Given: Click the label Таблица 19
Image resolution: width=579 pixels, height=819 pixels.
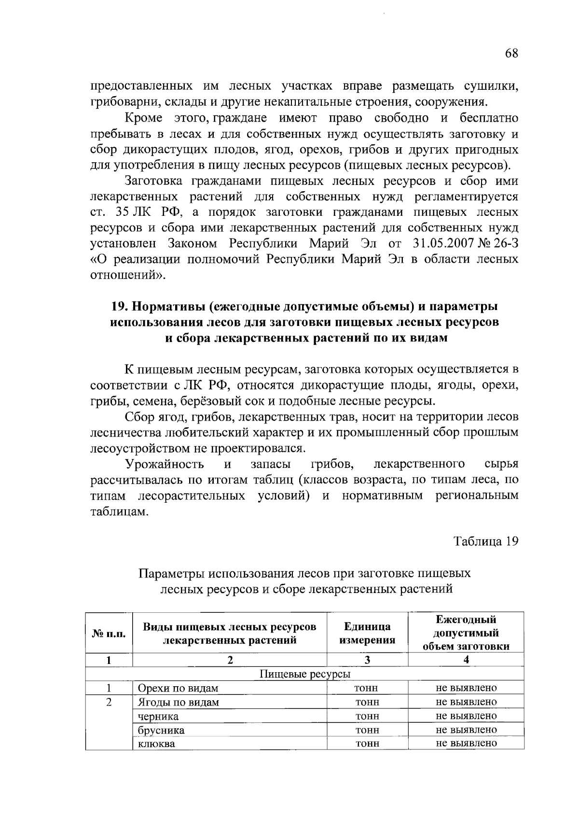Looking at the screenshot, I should pyautogui.click(x=486, y=541).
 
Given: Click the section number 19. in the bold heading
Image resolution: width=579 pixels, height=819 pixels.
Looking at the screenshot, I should pyautogui.click(x=120, y=306).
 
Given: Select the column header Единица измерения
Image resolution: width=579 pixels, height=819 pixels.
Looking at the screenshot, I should pyautogui.click(x=367, y=633).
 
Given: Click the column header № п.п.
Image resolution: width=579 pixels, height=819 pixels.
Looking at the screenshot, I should pyautogui.click(x=109, y=633).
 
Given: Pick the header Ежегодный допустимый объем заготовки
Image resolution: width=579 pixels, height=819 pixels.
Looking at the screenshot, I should pyautogui.click(x=466, y=633).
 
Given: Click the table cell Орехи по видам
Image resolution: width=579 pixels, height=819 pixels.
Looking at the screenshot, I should pyautogui.click(x=178, y=688).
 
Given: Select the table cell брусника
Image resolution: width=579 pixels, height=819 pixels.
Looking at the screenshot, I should pyautogui.click(x=161, y=730).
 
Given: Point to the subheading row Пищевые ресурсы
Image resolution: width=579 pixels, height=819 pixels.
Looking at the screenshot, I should pyautogui.click(x=305, y=674).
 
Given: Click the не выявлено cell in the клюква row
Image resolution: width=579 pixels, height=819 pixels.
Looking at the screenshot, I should pyautogui.click(x=466, y=743).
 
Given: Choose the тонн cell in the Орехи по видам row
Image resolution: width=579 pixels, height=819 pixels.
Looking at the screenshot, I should pyautogui.click(x=367, y=688).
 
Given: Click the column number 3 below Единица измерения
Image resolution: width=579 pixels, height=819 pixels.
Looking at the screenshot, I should pyautogui.click(x=367, y=660).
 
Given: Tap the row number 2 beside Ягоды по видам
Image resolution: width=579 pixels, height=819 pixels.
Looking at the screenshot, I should pyautogui.click(x=109, y=702).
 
